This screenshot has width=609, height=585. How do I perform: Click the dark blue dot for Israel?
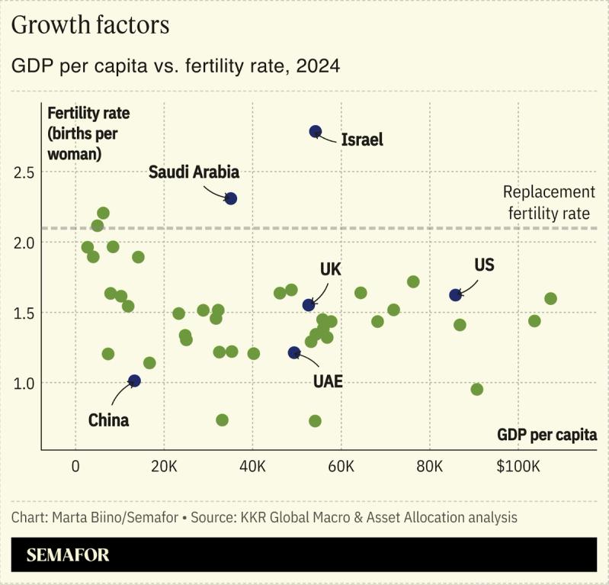point(316,132)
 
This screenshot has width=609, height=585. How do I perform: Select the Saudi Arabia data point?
point(231,198)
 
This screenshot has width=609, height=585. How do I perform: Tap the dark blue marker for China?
point(134,381)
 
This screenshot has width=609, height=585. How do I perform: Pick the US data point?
point(455,294)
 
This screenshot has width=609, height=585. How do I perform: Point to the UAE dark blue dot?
point(294,352)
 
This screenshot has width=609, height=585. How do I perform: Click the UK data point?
point(309,305)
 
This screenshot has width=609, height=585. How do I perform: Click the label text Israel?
point(362,140)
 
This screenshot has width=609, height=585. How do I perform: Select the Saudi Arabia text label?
point(194,172)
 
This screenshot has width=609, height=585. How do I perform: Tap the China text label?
point(108,420)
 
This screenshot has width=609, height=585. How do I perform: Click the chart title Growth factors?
point(90,25)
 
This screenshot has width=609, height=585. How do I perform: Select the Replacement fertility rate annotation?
point(549,203)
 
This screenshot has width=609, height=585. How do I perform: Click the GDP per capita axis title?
point(546,435)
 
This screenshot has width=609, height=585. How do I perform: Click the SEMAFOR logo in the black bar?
point(68,554)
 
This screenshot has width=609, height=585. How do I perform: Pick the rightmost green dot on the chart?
point(550,298)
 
